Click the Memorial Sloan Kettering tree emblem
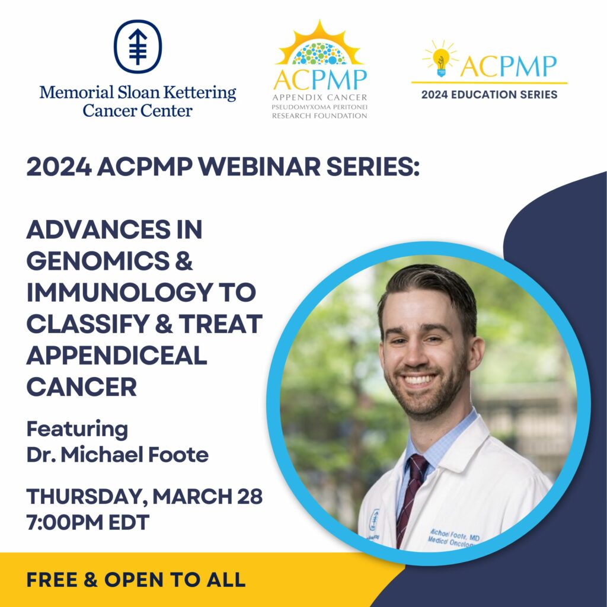[138, 46]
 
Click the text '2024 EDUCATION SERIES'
[489, 94]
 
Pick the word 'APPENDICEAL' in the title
[117, 356]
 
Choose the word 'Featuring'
[77, 430]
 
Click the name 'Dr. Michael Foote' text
[117, 455]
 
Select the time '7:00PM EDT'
[88, 522]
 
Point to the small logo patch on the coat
[375, 520]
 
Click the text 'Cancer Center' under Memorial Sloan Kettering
[138, 111]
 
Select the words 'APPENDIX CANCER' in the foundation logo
[320, 98]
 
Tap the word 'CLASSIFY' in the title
[88, 324]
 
